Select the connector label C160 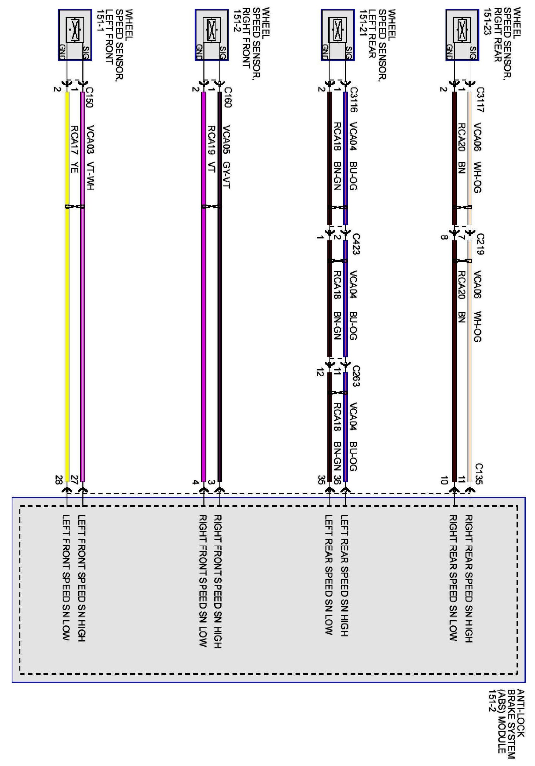pos(227,97)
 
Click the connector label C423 pos(356,244)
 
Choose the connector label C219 pos(480,244)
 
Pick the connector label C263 pos(356,376)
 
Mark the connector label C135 pos(479,473)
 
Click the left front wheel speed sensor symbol pos(75,35)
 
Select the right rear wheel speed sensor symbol pos(462,35)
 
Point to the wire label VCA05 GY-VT pos(226,157)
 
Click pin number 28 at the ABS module pos(58,480)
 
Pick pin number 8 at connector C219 pos(444,238)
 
